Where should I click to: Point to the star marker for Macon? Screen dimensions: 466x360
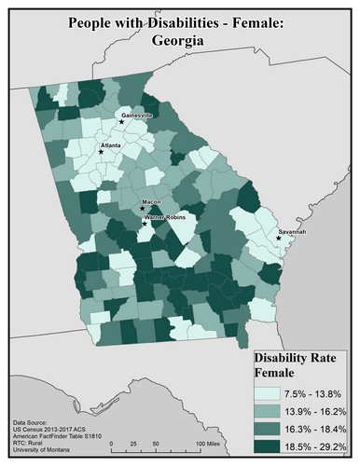(x=142, y=209)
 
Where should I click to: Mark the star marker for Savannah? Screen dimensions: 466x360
(x=278, y=239)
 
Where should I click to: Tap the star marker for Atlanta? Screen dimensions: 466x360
(x=115, y=153)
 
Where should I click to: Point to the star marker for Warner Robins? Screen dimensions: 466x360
(x=144, y=224)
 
